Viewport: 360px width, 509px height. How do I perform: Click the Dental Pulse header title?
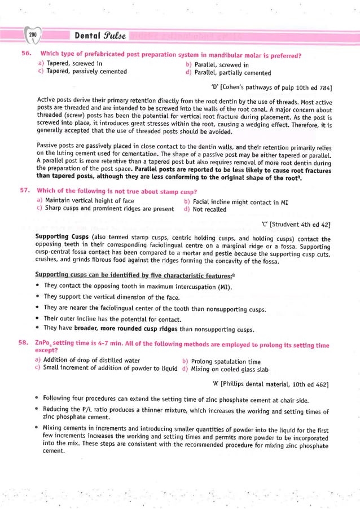(100, 36)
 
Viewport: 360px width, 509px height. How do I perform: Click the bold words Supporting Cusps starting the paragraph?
(59, 239)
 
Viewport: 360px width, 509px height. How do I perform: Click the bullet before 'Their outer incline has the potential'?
(37, 319)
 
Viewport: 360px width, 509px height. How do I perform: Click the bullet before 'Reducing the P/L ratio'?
(37, 409)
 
